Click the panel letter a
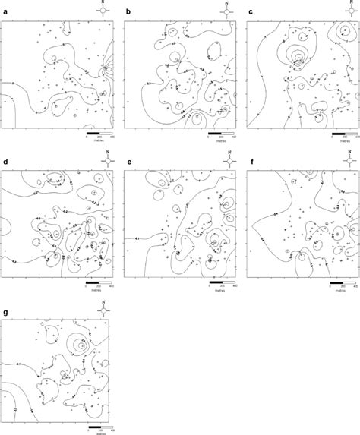pos(4,12)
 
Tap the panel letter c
pos(251,12)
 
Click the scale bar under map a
pos(96,134)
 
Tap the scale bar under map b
pos(220,134)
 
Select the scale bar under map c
pos(343,134)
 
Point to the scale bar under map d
pos(96,283)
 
